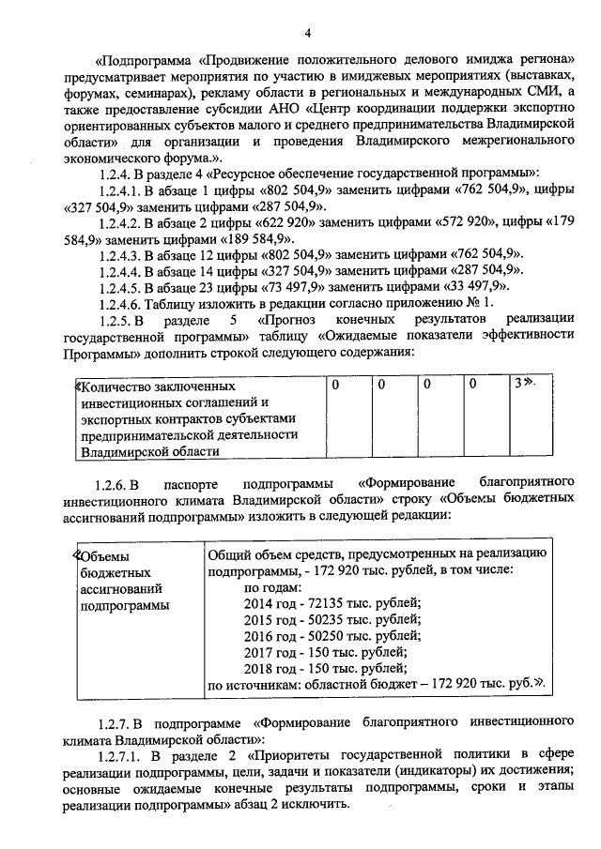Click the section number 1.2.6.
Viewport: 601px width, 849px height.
[116, 484]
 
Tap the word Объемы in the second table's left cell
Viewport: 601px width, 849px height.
[105, 554]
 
